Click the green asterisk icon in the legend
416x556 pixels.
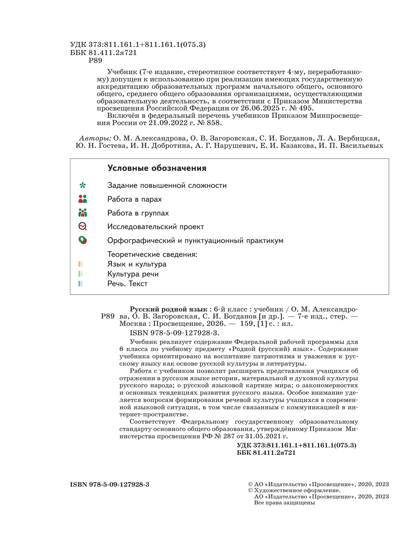pos(83,185)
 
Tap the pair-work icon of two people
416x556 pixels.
pos(83,199)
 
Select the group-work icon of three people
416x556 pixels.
pos(83,212)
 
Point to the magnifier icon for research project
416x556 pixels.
pos(83,226)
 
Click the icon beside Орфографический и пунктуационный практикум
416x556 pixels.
pos(83,240)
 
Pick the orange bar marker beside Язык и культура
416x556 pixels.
pos(80,264)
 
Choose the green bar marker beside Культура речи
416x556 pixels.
pos(80,274)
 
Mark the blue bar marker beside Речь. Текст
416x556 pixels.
pos(80,284)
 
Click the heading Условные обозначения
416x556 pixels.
pos(157,168)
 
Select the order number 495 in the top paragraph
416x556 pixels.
pos(305,108)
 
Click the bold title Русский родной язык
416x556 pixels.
pos(168,309)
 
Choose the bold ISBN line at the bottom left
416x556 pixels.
pos(110,485)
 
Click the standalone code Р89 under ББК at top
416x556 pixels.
pos(95,61)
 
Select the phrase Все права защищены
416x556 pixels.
pos(284,503)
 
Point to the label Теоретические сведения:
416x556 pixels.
pos(152,254)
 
